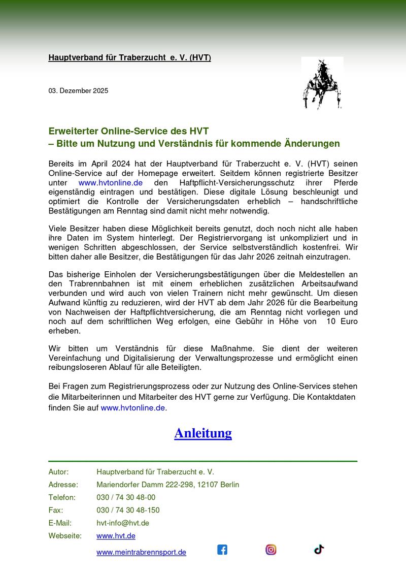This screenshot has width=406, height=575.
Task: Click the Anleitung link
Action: pos(203,433)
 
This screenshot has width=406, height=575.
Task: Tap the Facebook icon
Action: pos(222,549)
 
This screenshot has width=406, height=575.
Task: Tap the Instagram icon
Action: pos(271,549)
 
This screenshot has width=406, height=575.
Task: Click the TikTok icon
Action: pos(319,549)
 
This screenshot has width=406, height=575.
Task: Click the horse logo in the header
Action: pos(322,83)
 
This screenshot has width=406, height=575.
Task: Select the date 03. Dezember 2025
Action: pos(78,91)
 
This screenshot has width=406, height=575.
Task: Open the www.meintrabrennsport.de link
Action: pos(141,552)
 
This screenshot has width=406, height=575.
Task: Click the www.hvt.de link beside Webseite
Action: pos(116,536)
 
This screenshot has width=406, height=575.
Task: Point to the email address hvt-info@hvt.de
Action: pos(122,523)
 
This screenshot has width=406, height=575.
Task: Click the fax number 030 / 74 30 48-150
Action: pos(128,510)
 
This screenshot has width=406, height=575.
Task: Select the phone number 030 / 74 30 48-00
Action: pos(126,497)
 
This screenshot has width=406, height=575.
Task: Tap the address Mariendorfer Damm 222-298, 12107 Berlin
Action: pos(167,485)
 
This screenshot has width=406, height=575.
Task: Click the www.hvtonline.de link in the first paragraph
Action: pos(111,182)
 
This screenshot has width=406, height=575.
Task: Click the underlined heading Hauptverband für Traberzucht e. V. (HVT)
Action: pos(129,58)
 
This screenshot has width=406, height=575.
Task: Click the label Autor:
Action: pos(58,472)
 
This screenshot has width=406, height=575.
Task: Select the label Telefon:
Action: pos(62,497)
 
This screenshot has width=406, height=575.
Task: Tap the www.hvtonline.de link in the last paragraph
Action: pos(133,407)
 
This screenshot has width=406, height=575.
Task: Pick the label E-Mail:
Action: pos(60,523)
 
